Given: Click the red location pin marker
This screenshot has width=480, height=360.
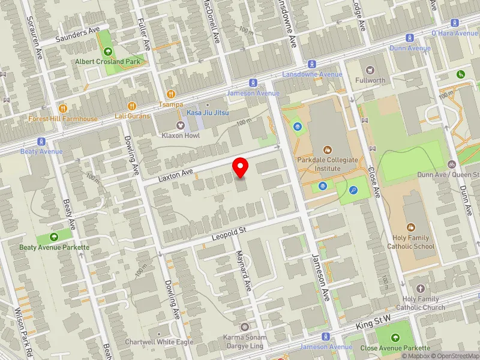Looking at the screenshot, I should tap(241, 167).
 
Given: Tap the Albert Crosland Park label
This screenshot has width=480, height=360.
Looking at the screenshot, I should tap(108, 61).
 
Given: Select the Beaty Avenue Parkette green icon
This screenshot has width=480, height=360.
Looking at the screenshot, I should tap(55, 237).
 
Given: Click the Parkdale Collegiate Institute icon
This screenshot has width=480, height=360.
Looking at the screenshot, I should tap(327, 149).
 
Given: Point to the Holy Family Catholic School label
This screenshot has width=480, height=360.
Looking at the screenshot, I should tap(410, 242).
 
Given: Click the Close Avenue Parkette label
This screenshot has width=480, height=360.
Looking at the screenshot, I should tap(395, 348).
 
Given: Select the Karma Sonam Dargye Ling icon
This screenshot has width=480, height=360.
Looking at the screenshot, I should tap(244, 327).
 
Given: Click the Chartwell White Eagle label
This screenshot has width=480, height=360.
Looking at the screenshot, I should tap(151, 342).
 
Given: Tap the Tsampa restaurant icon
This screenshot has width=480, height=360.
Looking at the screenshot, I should tap(171, 94).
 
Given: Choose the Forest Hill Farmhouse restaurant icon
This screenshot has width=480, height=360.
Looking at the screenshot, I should tap(62, 109).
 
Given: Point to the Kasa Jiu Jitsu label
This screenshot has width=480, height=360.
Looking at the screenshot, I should tap(208, 113).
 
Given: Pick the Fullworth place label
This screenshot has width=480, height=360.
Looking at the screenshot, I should tap(370, 80).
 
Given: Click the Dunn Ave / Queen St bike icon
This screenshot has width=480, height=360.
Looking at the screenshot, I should tap(451, 164).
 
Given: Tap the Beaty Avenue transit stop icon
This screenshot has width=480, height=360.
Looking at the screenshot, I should tap(41, 142).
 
